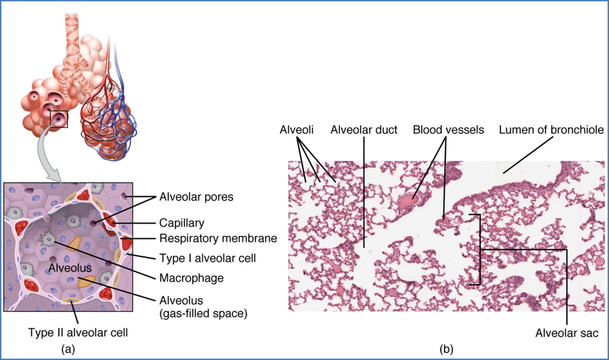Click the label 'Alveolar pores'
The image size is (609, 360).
tap(196, 197)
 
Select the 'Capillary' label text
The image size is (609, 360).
tap(180, 224)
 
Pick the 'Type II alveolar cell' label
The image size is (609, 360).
tap(77, 332)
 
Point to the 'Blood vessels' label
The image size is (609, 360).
tap(448, 130)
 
